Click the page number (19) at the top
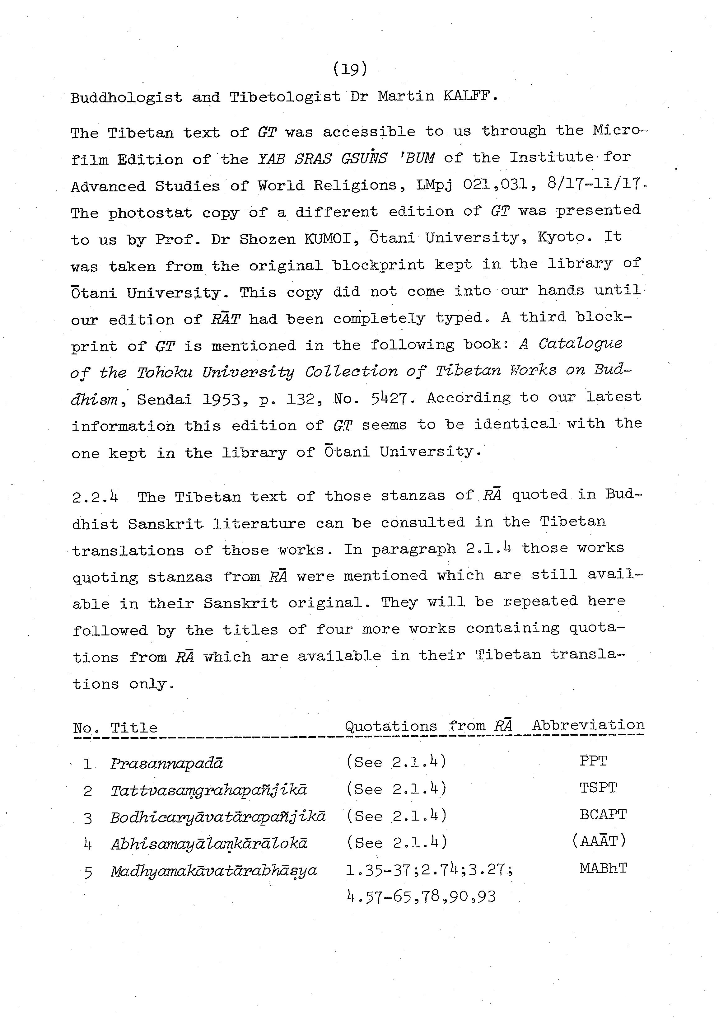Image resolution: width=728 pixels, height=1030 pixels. coord(351,69)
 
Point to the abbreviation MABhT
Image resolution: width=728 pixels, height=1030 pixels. coord(603,868)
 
